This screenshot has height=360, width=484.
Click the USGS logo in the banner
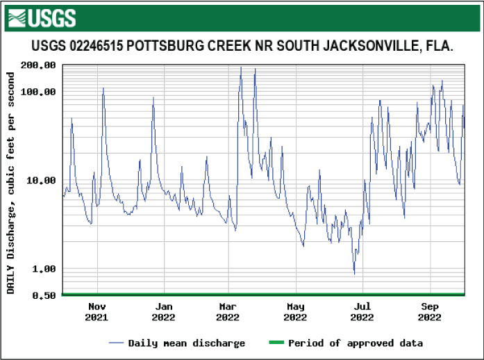pos(41,18)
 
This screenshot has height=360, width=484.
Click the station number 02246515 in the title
pos(98,47)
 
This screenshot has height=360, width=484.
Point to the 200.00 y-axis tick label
pos(39,65)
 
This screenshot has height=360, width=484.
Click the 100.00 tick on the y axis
pos(39,92)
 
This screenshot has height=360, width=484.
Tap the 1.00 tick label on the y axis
pos(44,269)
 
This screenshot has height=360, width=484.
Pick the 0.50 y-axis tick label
pos(44,295)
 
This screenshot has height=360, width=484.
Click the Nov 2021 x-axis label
pos(97,311)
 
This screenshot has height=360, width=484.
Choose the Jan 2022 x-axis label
pos(164,311)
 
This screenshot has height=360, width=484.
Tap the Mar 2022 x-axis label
pos(228,311)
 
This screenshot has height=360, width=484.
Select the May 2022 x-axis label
pos(296,311)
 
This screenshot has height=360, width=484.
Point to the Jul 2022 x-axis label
pos(362,311)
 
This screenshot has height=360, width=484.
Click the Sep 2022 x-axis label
pos(430,311)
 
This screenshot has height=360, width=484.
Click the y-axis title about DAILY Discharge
pos(11,180)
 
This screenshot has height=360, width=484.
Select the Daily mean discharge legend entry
pos(177,343)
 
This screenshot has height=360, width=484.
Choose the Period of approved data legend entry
pos(345,343)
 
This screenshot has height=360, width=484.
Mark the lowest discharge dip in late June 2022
pos(354,274)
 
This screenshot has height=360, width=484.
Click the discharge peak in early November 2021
pos(103,88)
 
